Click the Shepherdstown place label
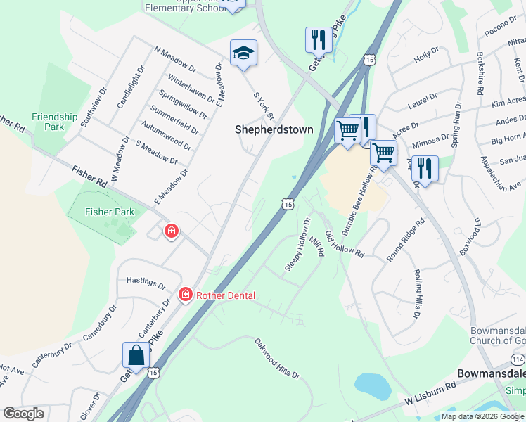(x=274, y=129)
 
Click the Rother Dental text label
(x=225, y=295)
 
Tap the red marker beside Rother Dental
(x=186, y=294)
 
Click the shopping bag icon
(x=136, y=355)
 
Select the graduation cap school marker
(x=243, y=53)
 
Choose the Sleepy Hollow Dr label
(x=297, y=245)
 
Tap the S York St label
(x=263, y=105)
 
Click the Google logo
(x=23, y=414)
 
